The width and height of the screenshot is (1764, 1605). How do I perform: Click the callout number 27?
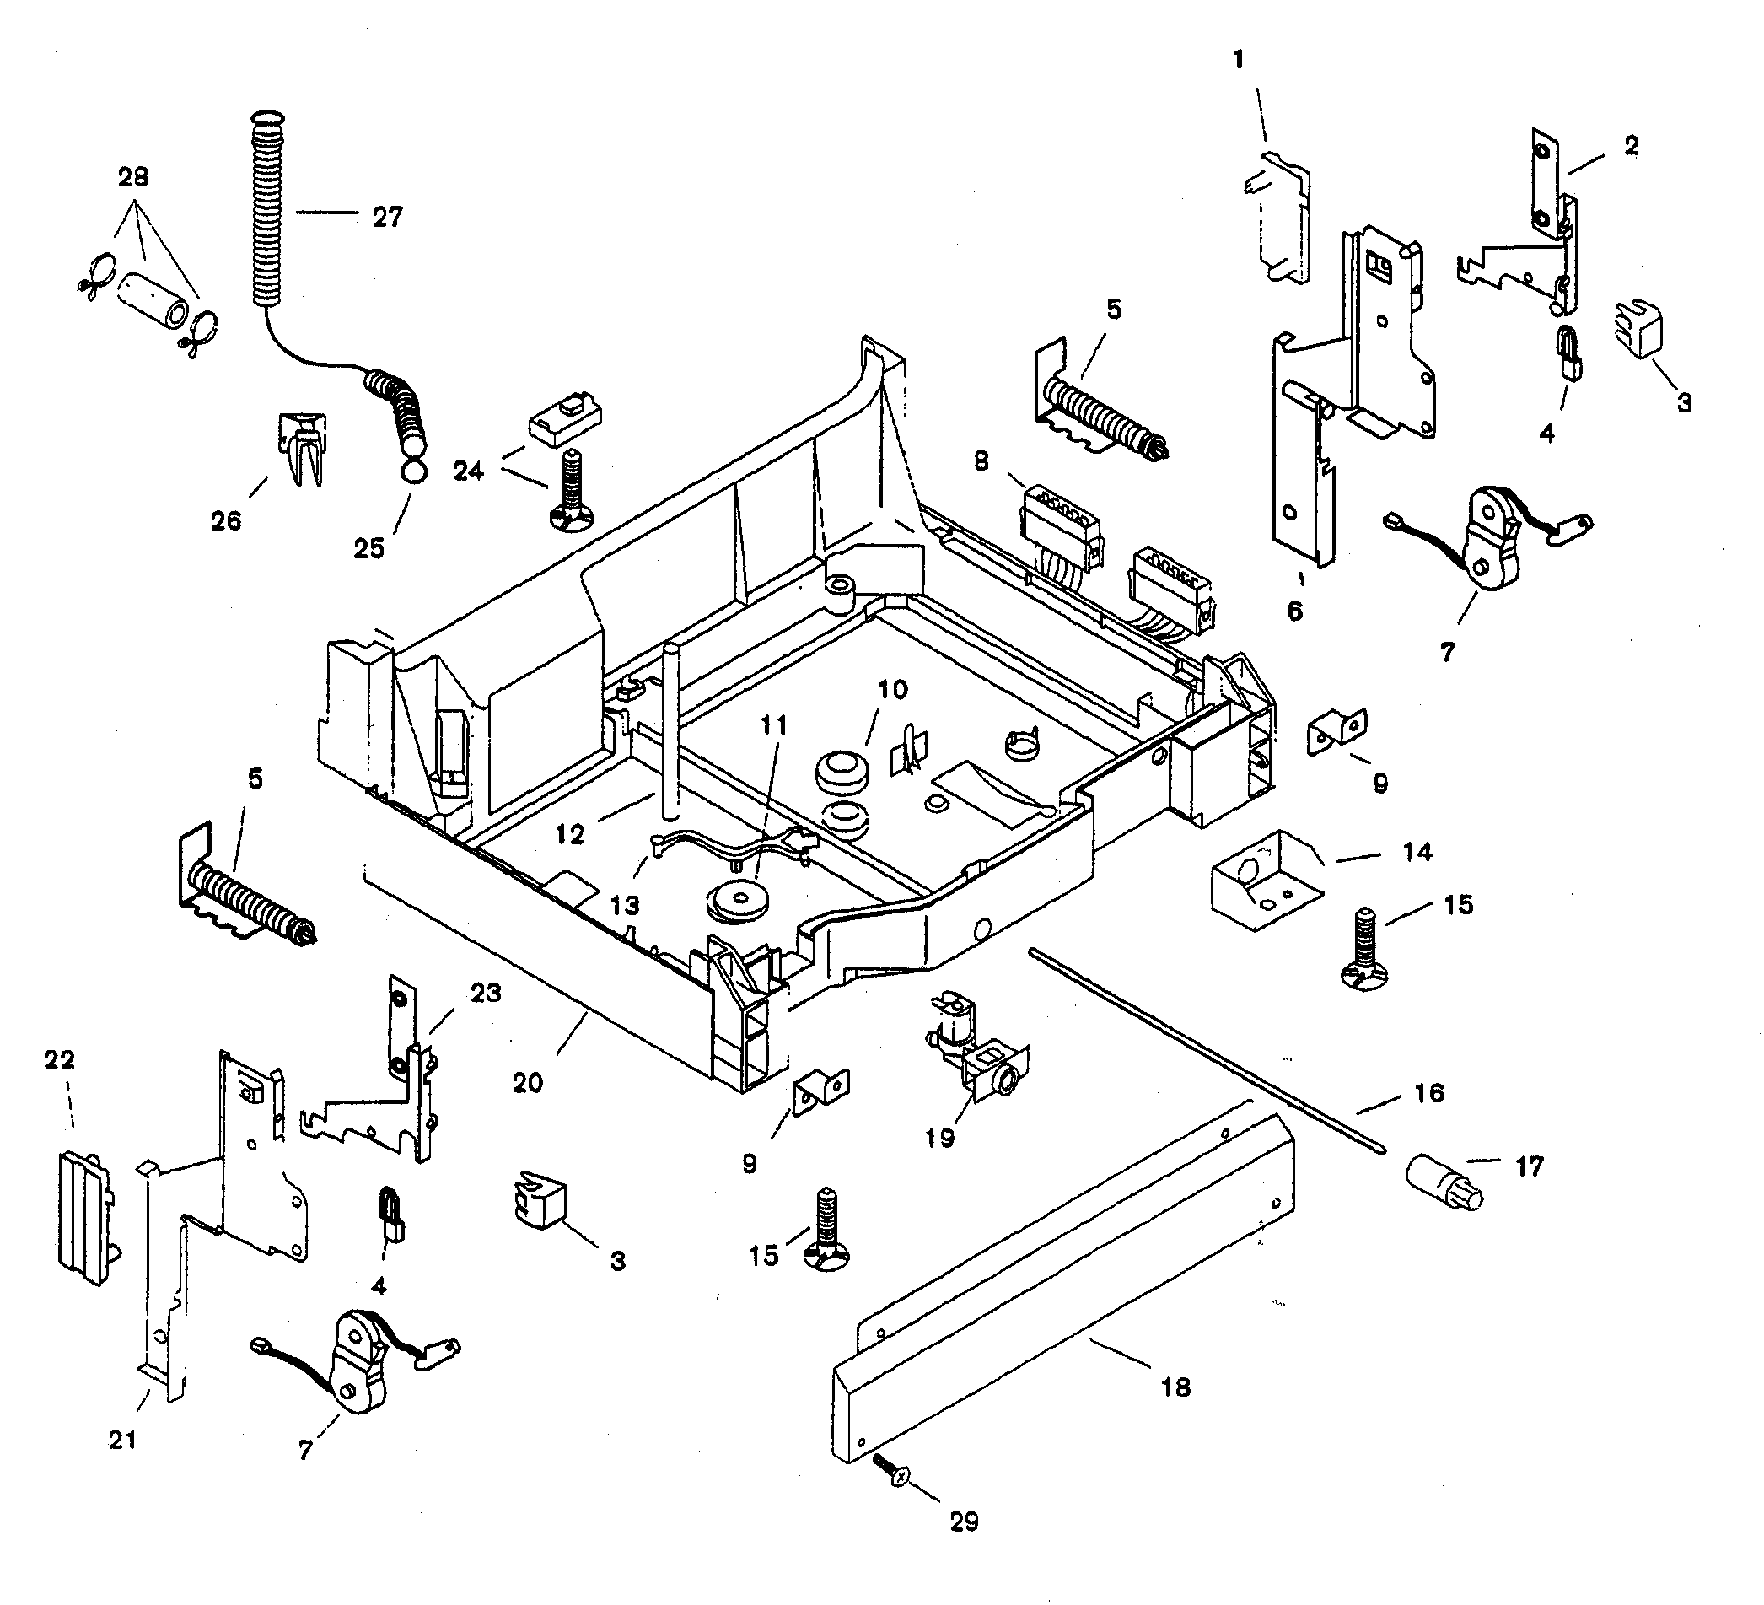pos(388,217)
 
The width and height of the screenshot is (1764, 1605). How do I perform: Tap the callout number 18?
pos(1176,1387)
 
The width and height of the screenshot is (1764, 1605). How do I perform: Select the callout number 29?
pos(964,1522)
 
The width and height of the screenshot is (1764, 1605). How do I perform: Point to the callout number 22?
pos(60,1060)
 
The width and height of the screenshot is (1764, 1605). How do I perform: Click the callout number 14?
pos(1417,852)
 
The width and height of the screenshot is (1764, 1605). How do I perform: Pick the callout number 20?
pos(528,1084)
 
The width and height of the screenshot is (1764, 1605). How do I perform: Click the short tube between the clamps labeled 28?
pos(153,301)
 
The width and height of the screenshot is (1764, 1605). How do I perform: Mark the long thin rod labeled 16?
pos(1207,1050)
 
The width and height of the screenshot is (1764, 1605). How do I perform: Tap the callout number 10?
pos(892,690)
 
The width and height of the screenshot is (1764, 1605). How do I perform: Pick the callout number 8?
pos(981,461)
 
